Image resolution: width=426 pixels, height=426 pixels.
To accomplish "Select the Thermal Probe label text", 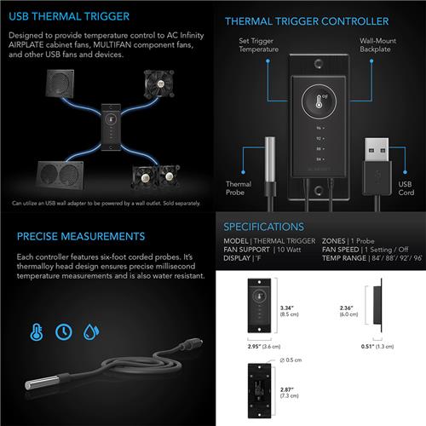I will point(239,188).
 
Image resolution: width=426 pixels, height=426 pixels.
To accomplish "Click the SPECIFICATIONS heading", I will point(263,227).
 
